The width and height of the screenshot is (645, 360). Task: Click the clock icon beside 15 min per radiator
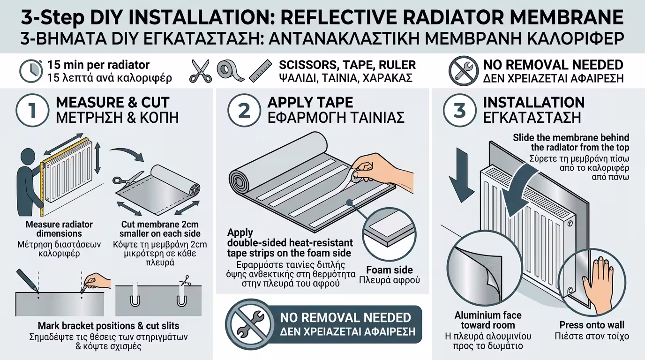pos(31,71)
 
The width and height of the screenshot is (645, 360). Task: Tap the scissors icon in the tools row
pos(200,71)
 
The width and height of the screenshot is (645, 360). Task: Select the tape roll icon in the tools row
pos(230,71)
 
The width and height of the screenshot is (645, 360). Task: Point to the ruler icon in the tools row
pos(260,71)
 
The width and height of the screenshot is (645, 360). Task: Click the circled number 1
pos(32,110)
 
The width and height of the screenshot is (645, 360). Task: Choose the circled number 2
pos(244,110)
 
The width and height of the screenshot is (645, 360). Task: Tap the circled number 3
pos(459,110)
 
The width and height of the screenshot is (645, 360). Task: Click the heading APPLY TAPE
pos(310,103)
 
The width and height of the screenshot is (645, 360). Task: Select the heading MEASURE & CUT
pos(112,103)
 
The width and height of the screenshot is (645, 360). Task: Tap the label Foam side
pos(390,270)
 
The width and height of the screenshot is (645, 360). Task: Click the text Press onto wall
pos(592,325)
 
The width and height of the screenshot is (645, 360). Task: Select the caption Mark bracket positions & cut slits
pos(109,326)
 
